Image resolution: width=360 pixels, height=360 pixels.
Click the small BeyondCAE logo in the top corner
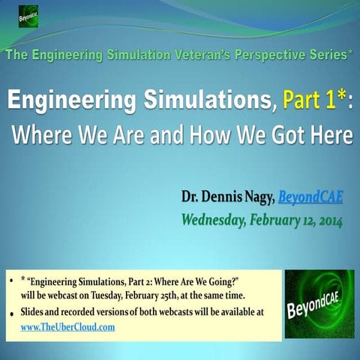pos(28,16)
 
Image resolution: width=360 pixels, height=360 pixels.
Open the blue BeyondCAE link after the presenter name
pos(312,197)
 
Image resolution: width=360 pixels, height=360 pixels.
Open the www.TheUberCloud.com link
pos(67,328)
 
